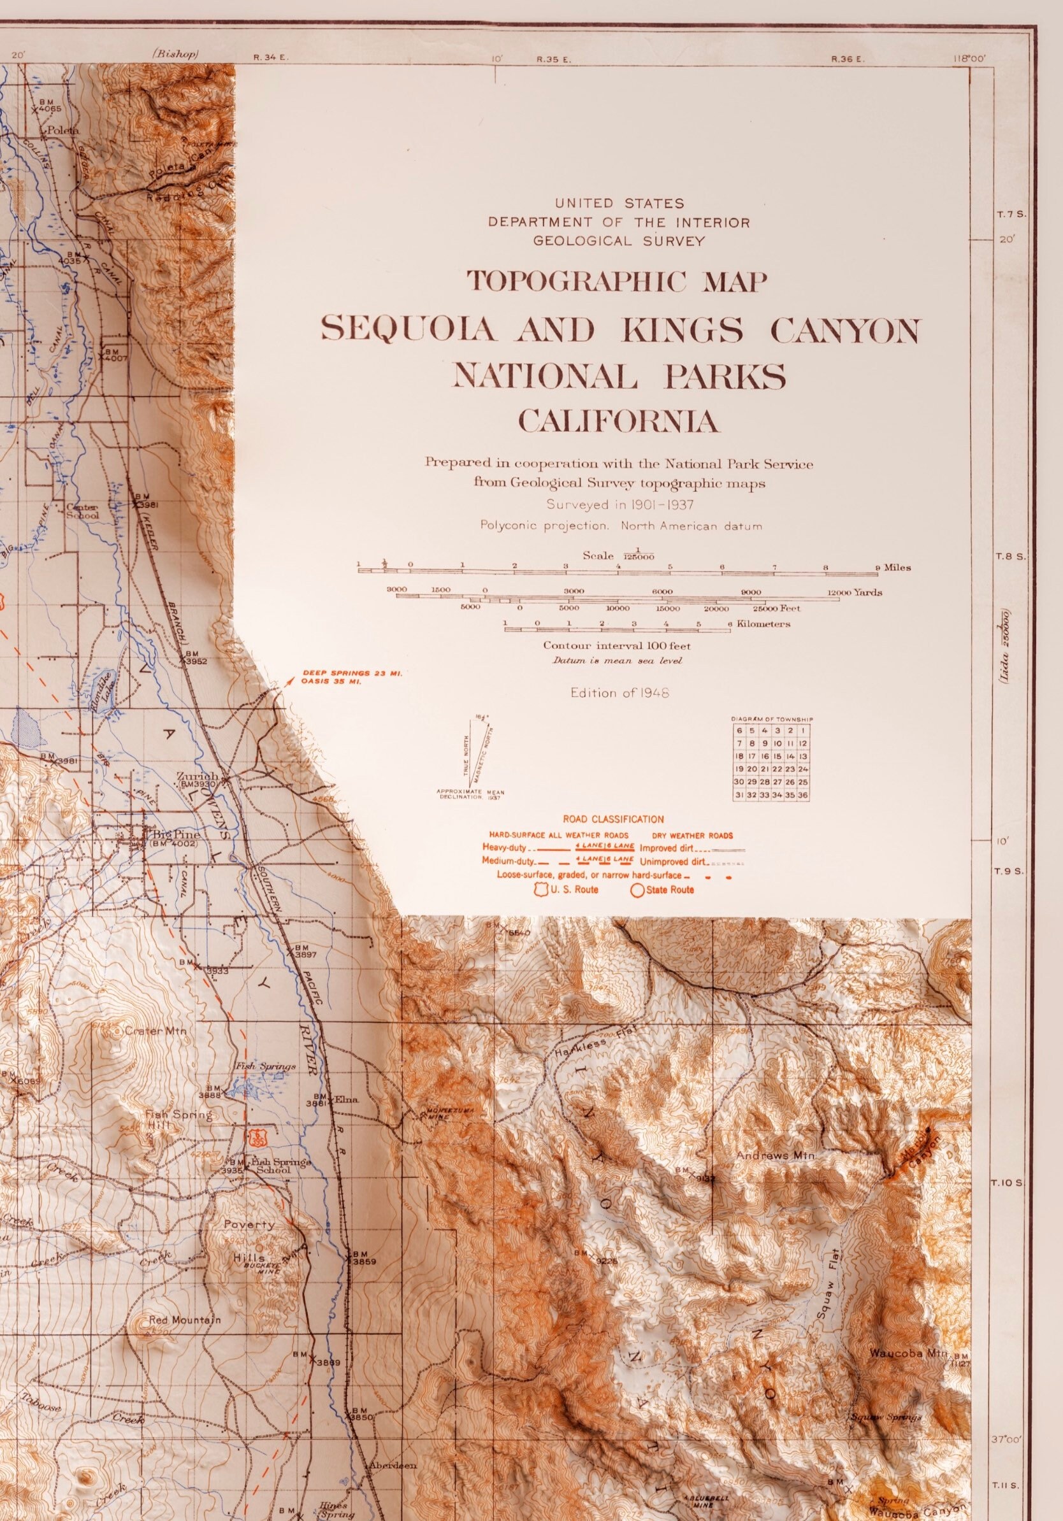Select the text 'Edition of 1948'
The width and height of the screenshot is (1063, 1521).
point(619,693)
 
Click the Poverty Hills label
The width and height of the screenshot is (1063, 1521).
point(249,1225)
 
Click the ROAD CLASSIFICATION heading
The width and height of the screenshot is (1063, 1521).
point(613,820)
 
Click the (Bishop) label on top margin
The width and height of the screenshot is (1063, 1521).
point(174,54)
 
